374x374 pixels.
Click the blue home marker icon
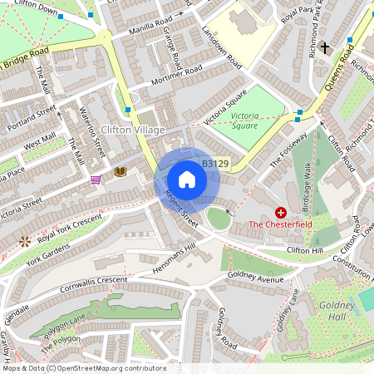[187, 180]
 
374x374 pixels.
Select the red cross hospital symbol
[281, 213]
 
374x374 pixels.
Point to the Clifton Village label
[132, 130]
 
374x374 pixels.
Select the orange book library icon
[120, 171]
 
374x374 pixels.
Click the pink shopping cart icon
[96, 179]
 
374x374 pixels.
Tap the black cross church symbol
[325, 48]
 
